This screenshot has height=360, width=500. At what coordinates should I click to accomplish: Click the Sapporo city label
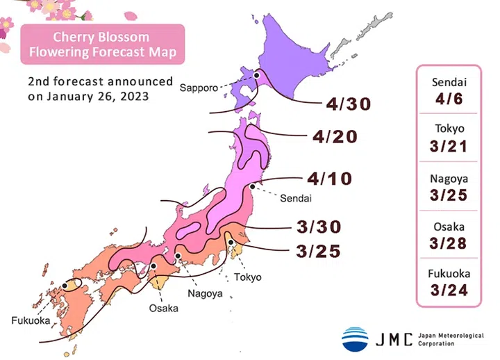click(x=199, y=88)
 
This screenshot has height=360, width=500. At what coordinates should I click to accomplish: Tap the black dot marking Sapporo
click(x=256, y=75)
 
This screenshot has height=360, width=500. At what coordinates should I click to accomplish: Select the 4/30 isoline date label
click(x=350, y=104)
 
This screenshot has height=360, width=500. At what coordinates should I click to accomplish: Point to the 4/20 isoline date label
click(x=335, y=136)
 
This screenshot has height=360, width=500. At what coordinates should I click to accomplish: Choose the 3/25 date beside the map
click(x=317, y=251)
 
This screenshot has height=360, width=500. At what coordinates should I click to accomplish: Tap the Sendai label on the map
click(x=296, y=199)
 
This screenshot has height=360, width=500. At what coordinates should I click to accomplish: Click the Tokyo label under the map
click(x=248, y=277)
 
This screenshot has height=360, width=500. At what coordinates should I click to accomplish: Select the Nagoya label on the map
click(x=205, y=293)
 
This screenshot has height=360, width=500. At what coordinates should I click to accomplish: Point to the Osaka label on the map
click(x=162, y=307)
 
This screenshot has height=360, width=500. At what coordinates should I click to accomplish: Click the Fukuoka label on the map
click(x=30, y=320)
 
